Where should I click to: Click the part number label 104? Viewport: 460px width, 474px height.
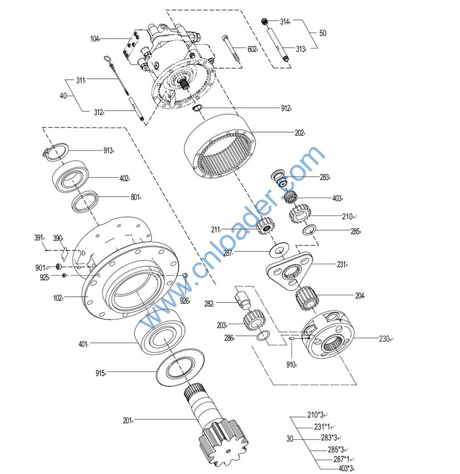click(x=95, y=39)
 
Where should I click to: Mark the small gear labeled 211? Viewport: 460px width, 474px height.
click(x=265, y=230)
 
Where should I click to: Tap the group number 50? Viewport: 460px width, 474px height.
click(x=323, y=34)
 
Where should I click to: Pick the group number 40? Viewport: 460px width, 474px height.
click(x=63, y=96)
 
